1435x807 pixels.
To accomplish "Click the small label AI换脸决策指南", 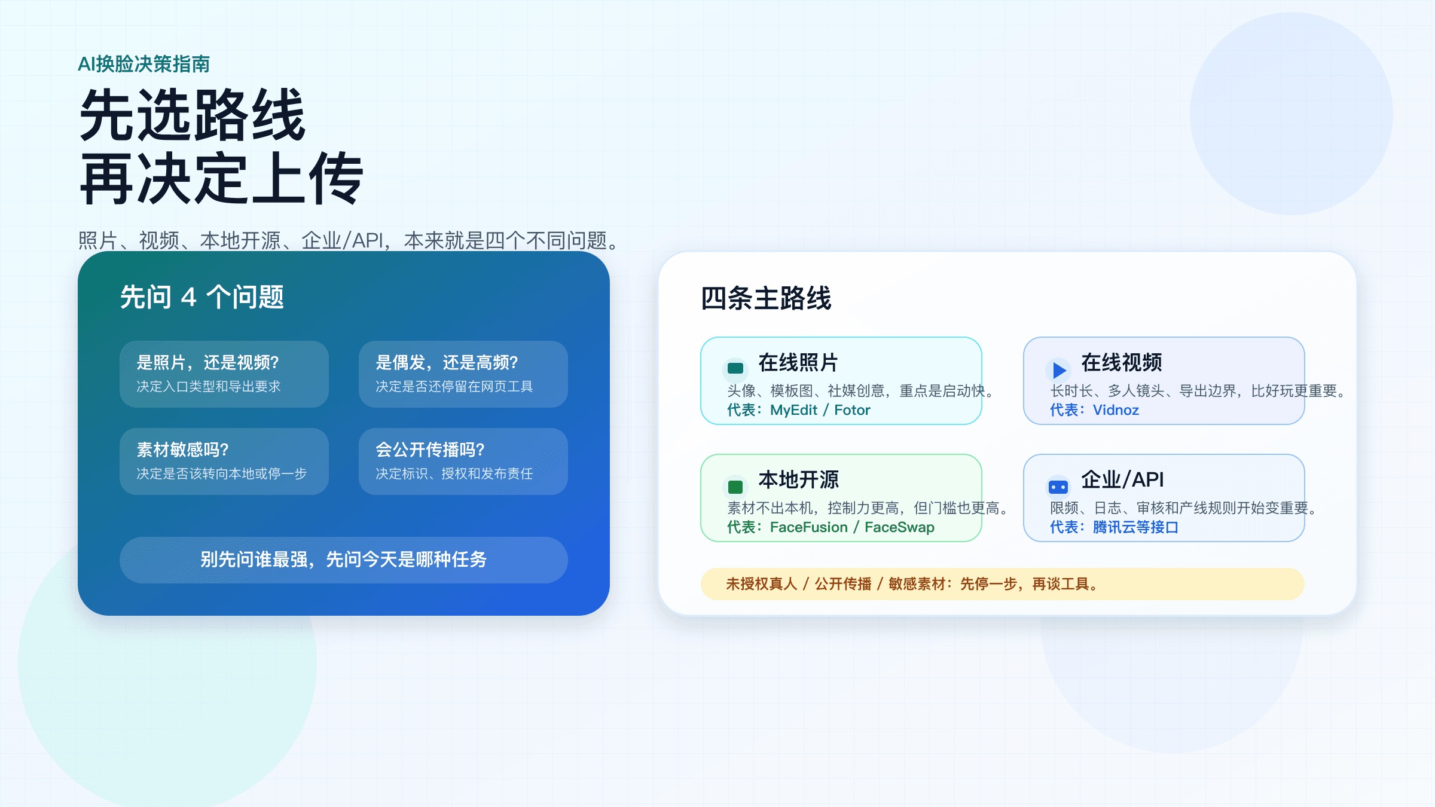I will click(x=143, y=64).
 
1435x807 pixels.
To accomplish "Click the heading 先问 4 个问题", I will click(x=202, y=297).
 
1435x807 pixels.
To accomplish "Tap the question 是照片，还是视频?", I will click(x=207, y=362).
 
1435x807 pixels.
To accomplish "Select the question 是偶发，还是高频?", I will click(x=447, y=362).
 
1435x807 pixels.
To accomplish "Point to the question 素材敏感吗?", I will click(x=182, y=450).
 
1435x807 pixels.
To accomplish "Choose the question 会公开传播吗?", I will click(x=430, y=450).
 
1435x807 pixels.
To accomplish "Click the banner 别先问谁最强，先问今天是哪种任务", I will click(x=343, y=560).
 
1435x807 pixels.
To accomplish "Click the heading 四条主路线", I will click(x=766, y=298).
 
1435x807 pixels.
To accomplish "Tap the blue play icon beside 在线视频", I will click(x=1059, y=370).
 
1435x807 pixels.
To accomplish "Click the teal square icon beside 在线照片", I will click(x=735, y=368).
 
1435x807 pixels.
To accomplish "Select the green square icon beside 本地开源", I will click(x=735, y=487).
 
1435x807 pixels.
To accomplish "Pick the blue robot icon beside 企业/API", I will click(x=1058, y=487).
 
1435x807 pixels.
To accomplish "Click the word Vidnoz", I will click(x=1116, y=410).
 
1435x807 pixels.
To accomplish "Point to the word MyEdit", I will click(x=793, y=410).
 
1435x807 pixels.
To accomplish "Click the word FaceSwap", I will click(x=899, y=527).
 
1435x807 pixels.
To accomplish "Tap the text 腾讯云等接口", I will click(x=1135, y=527).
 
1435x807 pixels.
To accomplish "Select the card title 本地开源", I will click(x=798, y=479).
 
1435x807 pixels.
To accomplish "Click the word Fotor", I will click(x=852, y=410).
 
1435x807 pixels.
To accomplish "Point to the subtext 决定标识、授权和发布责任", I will click(x=454, y=473).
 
